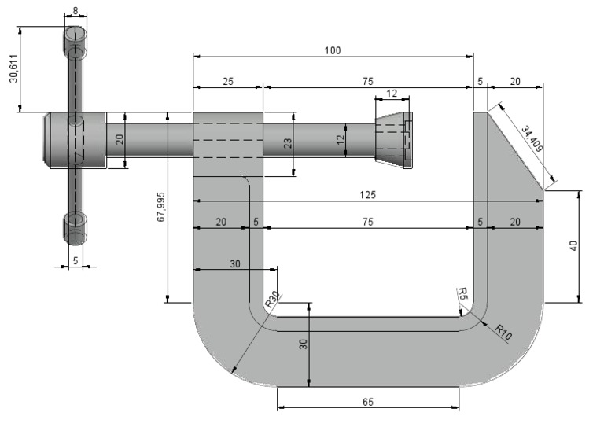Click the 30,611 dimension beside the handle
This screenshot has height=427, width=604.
point(13,69)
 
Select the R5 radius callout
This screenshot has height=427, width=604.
point(462,295)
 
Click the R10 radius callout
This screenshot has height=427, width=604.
point(504,331)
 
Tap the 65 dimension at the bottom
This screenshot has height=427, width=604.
point(368,401)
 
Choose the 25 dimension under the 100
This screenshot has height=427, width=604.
point(227,81)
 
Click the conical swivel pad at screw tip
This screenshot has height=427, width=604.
point(393,140)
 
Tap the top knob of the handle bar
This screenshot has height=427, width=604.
point(75,39)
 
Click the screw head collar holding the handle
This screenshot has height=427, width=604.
point(75,139)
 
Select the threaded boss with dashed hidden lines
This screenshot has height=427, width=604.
point(228,140)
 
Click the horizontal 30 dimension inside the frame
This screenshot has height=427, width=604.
point(234,263)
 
